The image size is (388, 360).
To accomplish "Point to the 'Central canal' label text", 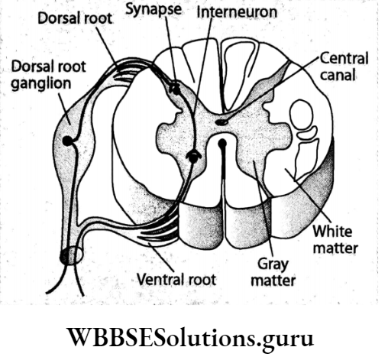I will [344, 66].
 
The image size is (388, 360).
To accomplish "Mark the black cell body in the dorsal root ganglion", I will [70, 141].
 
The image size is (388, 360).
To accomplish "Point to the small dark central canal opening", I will [221, 121].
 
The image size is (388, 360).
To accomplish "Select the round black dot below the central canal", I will [222, 142].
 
